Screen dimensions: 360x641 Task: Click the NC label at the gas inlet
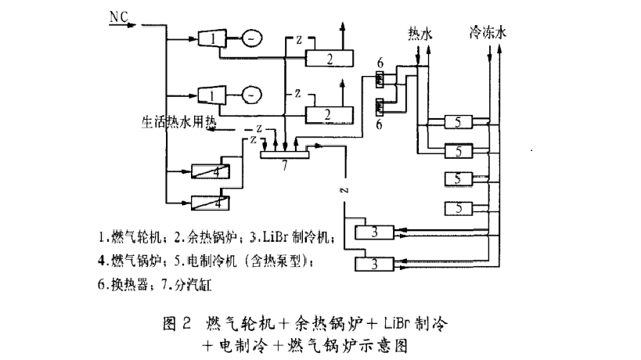[118, 16]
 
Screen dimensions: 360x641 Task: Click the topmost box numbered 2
[329, 57]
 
